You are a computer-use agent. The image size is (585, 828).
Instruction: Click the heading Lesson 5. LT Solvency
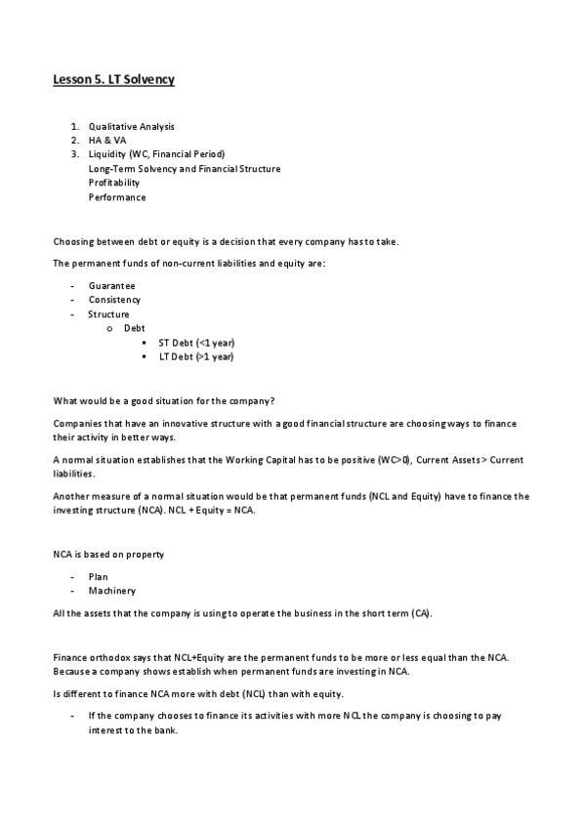point(113,79)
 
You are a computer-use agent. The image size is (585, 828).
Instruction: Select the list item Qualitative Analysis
point(132,127)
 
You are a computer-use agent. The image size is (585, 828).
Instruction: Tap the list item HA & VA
point(107,141)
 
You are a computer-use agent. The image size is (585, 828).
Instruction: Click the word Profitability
point(113,183)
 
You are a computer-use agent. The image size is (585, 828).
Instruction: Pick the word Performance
point(116,197)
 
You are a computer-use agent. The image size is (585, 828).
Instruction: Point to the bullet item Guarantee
point(111,285)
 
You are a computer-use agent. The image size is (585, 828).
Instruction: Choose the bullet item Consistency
point(114,300)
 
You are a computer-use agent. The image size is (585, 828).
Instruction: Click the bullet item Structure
point(108,314)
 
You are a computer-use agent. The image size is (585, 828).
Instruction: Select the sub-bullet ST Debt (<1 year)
point(196,343)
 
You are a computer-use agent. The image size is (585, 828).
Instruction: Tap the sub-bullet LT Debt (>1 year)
point(196,356)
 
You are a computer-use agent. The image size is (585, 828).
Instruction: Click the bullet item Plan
point(98,577)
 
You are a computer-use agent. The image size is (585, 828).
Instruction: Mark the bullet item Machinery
point(111,591)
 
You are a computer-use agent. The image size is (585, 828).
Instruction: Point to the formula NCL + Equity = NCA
point(211,511)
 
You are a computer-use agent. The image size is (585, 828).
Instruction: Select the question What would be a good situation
point(162,400)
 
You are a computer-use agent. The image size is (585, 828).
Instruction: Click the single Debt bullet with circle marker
point(134,328)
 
